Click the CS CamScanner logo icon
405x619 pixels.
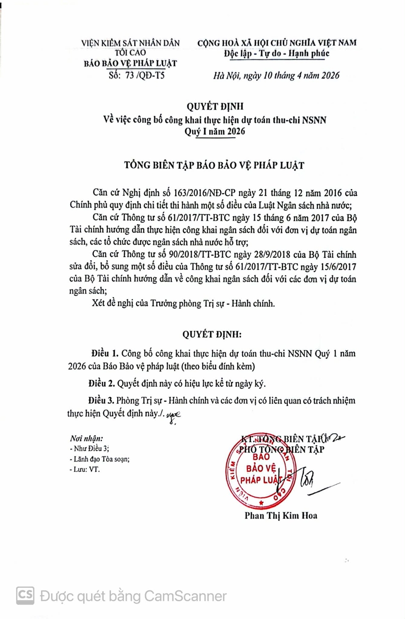coord(25,595)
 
